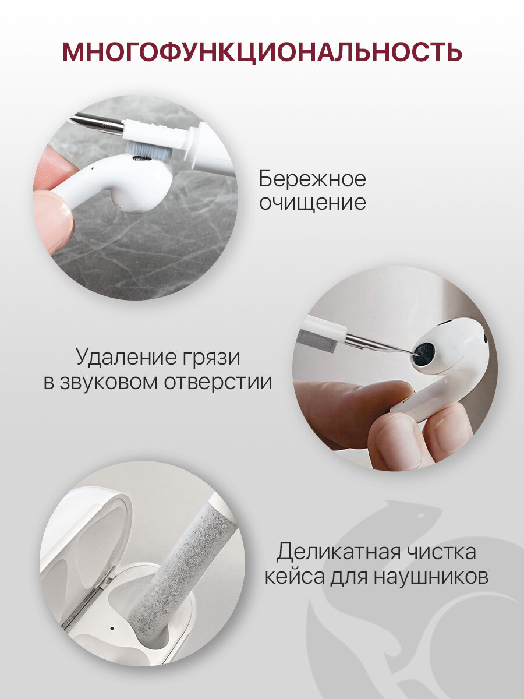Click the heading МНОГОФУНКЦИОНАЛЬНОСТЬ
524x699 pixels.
pyautogui.click(x=262, y=52)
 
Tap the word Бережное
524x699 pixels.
pyautogui.click(x=312, y=179)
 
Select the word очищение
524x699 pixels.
pyautogui.click(x=313, y=203)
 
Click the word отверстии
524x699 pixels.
pyautogui.click(x=218, y=383)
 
